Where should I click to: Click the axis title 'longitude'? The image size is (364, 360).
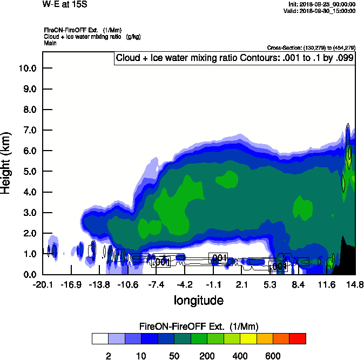198,300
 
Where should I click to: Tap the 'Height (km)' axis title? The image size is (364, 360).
7,162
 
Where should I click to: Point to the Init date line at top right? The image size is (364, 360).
322,4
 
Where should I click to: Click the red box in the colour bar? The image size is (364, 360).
297,339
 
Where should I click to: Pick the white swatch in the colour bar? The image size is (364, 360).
100,339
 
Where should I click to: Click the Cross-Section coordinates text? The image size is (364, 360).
311,47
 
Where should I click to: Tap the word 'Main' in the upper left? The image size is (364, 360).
50,42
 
